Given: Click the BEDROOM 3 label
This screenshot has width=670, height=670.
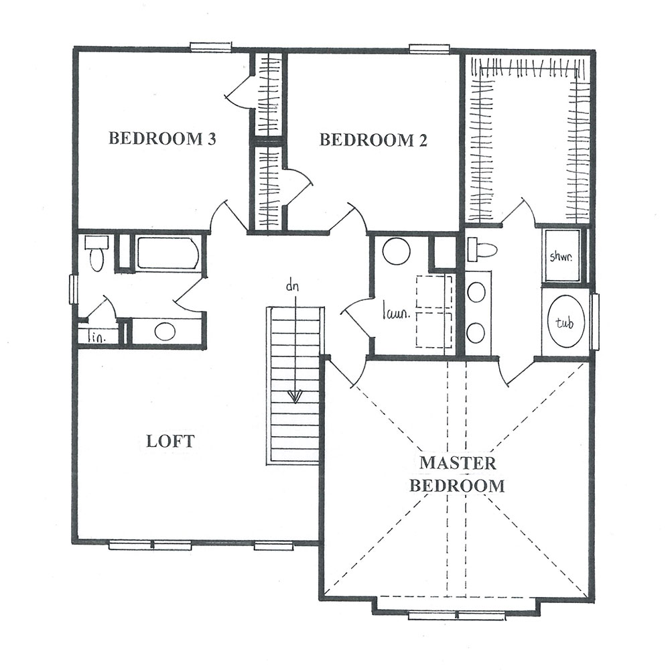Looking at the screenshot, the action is click(x=162, y=139).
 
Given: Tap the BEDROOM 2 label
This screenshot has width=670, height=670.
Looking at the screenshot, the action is click(x=373, y=140).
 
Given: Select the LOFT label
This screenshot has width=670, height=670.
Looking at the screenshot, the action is click(x=170, y=441).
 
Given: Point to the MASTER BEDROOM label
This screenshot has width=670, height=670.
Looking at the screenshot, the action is click(x=457, y=475).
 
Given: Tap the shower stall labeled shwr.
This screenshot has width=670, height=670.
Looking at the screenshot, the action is click(x=561, y=256).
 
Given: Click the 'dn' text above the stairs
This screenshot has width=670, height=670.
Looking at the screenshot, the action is click(x=292, y=286).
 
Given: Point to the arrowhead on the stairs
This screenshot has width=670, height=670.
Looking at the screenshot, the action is click(x=295, y=397).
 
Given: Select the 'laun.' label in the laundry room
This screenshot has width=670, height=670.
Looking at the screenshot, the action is click(x=396, y=313).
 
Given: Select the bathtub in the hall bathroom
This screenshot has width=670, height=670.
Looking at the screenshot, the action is click(x=168, y=253).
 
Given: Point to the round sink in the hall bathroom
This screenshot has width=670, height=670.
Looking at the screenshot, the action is click(x=165, y=332).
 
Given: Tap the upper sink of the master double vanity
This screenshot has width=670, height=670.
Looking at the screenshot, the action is click(x=476, y=293).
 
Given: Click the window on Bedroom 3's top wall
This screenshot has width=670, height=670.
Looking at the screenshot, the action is click(x=210, y=47).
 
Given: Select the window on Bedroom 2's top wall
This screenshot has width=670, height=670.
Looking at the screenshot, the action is click(x=429, y=49).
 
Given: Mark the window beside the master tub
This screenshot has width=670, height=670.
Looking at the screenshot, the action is click(x=594, y=322).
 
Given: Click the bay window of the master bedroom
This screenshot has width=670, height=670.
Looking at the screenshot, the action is click(x=457, y=616).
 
